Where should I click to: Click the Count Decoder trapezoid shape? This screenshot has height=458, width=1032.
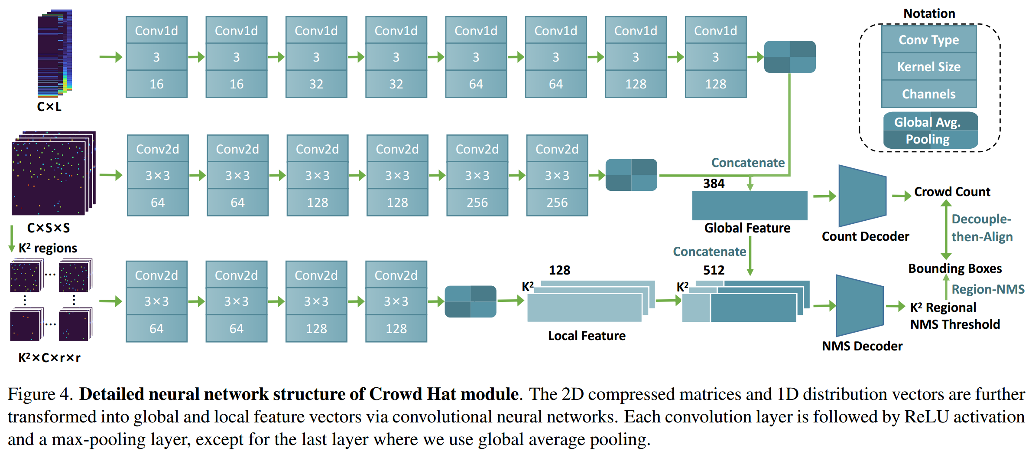862,196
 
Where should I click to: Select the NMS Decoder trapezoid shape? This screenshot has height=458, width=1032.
859,306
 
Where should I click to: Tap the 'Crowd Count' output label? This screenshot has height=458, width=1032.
952,192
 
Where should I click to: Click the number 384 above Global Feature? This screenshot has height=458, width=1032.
714,183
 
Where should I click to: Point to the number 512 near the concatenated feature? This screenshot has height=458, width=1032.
714,270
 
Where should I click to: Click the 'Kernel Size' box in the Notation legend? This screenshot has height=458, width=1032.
928,67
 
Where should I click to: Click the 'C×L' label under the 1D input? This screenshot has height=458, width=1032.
49,107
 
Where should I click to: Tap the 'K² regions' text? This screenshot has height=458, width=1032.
48,248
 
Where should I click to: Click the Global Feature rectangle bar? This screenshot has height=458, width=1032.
750,206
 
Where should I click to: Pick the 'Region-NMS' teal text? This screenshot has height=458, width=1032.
987,289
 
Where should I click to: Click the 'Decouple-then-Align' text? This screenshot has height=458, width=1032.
981,228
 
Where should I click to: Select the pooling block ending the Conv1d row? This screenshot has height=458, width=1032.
789,57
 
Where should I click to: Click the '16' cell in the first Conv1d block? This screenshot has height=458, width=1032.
156,84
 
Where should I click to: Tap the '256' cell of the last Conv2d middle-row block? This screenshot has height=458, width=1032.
557,203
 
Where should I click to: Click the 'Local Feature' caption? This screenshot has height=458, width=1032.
587,336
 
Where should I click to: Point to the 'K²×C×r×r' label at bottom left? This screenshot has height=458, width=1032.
49,358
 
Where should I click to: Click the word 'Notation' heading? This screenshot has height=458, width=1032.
929,13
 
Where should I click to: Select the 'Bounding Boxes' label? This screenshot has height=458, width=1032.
955,268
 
